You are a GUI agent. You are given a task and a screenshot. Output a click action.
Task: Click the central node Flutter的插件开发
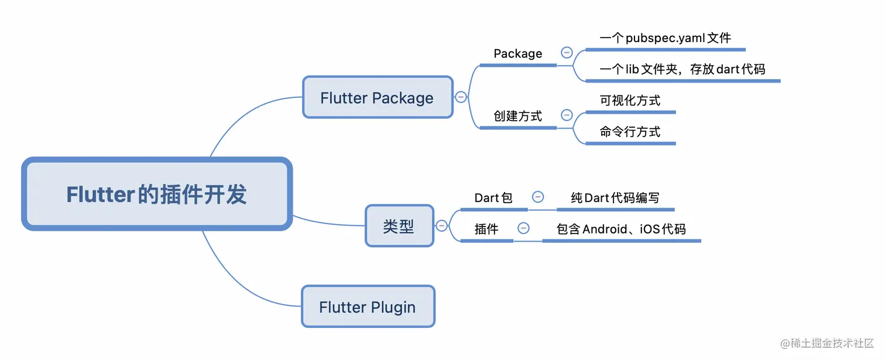156,194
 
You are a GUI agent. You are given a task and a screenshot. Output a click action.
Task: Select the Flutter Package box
377,98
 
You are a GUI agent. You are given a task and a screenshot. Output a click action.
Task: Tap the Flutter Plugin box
368,307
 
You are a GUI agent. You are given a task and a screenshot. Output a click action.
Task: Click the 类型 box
399,226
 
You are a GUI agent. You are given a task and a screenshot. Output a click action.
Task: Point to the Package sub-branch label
517,54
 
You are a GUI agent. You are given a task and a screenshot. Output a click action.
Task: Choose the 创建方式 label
517,116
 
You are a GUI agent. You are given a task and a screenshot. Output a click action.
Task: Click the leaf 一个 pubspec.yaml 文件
666,39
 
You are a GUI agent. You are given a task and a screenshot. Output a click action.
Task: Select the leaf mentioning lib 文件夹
682,69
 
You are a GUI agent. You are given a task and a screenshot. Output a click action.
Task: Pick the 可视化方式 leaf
630,101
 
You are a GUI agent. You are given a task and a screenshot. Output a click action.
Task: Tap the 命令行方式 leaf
630,132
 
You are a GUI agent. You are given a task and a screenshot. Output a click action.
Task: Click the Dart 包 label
493,198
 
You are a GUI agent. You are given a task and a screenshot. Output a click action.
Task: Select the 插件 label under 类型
486,229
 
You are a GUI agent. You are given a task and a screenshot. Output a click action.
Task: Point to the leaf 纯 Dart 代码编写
615,198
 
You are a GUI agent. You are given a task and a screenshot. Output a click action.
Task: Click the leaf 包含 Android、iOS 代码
621,229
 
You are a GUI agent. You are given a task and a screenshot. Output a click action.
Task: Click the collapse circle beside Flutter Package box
461,97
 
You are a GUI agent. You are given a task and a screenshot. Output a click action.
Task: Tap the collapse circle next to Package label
567,53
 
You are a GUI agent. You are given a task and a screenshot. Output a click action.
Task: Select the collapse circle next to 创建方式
567,115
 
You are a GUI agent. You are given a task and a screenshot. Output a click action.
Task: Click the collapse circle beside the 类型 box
442,225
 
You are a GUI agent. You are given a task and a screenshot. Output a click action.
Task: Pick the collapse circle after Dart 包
537,197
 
